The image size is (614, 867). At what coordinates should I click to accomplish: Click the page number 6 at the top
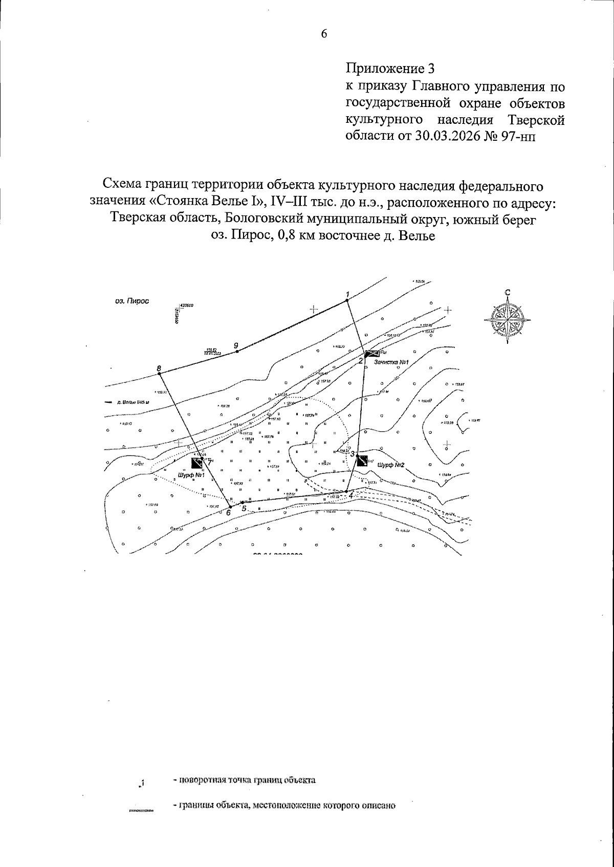pyautogui.click(x=323, y=34)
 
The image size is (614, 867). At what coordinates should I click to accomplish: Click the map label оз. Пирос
pyautogui.click(x=132, y=301)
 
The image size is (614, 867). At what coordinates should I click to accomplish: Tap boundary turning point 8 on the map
pyautogui.click(x=160, y=374)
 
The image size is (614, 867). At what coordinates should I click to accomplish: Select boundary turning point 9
pyautogui.click(x=237, y=351)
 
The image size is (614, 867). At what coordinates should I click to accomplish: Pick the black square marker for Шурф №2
pyautogui.click(x=362, y=460)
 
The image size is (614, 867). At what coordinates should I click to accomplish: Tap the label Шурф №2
pyautogui.click(x=391, y=465)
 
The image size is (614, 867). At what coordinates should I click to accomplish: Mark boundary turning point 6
pyautogui.click(x=230, y=507)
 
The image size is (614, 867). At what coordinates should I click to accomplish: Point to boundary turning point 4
pyautogui.click(x=346, y=491)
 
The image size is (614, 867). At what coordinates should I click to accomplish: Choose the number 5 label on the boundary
pyautogui.click(x=244, y=509)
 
